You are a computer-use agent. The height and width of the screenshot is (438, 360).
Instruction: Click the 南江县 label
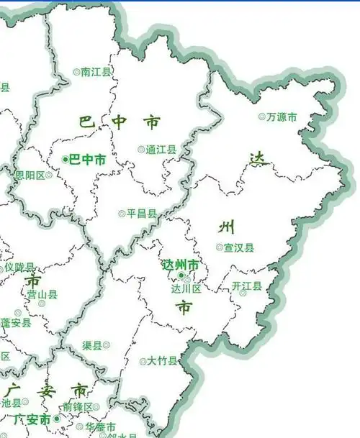[x=96, y=72]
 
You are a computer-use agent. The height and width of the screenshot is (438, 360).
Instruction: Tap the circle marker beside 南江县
[x=77, y=72]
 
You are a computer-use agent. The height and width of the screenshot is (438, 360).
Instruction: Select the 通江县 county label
[x=161, y=150]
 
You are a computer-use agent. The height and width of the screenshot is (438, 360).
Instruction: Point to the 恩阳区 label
[x=30, y=175]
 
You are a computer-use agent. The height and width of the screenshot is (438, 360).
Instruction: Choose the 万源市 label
[x=282, y=117]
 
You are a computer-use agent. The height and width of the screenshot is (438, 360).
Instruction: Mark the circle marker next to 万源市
[x=262, y=117]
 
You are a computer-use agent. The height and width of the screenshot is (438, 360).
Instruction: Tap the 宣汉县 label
[x=239, y=247]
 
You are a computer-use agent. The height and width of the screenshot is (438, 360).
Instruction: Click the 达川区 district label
[x=186, y=288]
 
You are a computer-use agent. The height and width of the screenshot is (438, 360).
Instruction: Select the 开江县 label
[x=247, y=286]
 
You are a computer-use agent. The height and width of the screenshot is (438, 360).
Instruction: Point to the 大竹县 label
[x=162, y=360]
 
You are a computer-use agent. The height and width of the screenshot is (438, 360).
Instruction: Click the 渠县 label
[x=92, y=345]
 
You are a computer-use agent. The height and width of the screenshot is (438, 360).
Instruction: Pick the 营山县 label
[x=42, y=294]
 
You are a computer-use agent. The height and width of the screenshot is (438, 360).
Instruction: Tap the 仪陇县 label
[x=19, y=267]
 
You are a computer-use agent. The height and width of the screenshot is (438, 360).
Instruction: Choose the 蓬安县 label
[x=16, y=323]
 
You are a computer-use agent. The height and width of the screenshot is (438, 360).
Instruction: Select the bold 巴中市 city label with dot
[x=87, y=160]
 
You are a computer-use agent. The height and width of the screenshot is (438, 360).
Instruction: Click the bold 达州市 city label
[x=181, y=265]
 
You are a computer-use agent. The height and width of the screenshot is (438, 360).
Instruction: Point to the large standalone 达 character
[x=257, y=160]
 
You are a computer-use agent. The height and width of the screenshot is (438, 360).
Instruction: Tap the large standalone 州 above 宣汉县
[x=226, y=228]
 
